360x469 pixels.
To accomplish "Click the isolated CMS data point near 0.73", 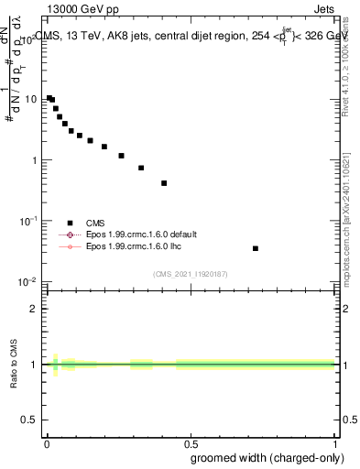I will click(256, 248).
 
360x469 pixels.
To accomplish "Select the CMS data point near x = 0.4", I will click(164, 183).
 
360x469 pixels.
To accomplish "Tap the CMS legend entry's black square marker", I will click(70, 223).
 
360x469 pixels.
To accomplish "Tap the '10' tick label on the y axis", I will click(31, 99).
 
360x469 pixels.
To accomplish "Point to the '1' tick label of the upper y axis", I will click(34, 160).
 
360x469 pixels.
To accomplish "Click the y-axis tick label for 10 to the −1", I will click(29, 221).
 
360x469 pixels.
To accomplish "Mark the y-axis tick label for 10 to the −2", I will click(29, 282).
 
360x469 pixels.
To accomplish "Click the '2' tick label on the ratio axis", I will click(35, 309).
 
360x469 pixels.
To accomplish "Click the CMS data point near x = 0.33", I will click(141, 168).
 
